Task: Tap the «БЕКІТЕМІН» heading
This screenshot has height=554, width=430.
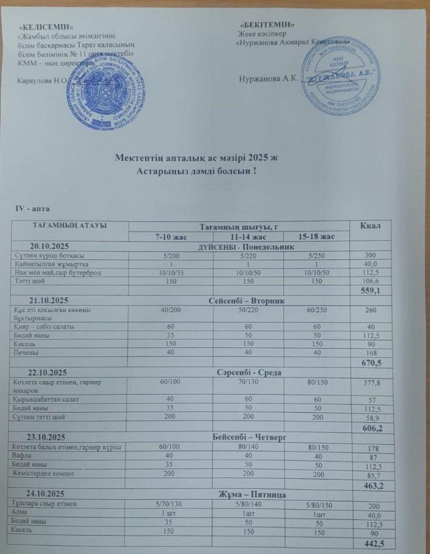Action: click(267, 24)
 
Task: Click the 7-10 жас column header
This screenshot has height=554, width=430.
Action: click(172, 236)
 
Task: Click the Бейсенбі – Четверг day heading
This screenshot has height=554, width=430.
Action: click(240, 436)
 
